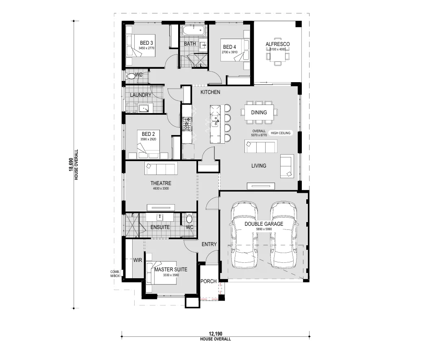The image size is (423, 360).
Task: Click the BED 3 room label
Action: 146,43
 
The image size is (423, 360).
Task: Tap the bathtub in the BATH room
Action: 193,31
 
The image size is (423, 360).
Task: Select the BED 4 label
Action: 229,47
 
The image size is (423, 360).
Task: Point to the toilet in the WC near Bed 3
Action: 131,76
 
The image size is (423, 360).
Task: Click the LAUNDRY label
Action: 141,95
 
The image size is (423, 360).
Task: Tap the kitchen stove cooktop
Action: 186,124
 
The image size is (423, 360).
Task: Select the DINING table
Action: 259,112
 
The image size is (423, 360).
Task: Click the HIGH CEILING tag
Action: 281,133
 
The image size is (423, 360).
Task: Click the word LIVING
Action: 259,166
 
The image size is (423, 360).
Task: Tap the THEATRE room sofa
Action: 161,168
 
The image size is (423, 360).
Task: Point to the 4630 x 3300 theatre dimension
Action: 161,188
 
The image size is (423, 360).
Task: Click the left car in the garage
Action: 244,235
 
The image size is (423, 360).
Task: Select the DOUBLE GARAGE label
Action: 264,224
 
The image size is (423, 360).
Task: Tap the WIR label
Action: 137,260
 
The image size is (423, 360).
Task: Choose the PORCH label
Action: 209,281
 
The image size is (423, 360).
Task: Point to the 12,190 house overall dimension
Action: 216,334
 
